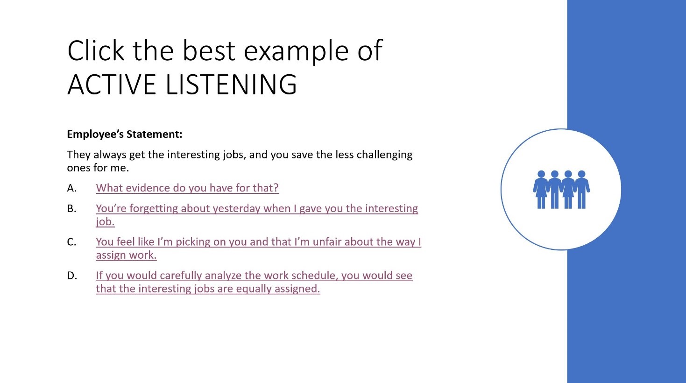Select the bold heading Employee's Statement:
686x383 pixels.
click(125, 134)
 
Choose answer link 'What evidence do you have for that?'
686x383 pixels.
click(187, 188)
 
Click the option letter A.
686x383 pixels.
click(71, 188)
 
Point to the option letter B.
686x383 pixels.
click(71, 208)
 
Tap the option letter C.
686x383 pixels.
click(71, 242)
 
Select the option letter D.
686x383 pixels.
click(72, 276)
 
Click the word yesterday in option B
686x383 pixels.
click(236, 209)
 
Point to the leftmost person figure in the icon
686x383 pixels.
click(541, 189)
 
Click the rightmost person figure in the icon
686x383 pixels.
click(582, 189)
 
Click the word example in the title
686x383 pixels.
click(296, 52)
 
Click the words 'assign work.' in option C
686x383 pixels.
click(126, 255)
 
